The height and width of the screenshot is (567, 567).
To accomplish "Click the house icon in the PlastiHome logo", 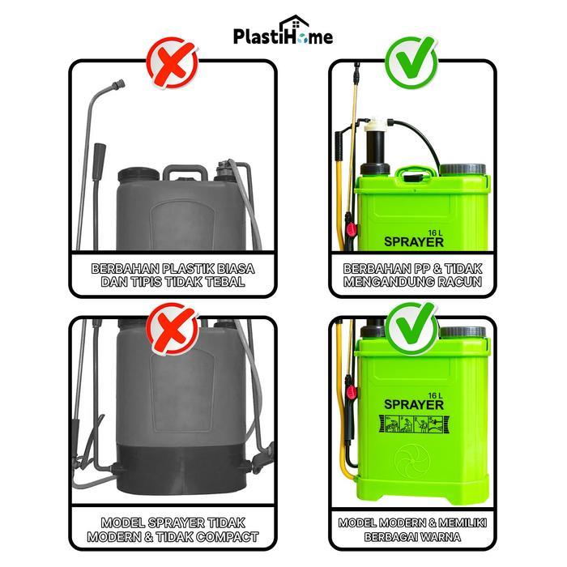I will click(290, 28).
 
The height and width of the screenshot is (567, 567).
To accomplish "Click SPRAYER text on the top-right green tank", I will click(412, 241).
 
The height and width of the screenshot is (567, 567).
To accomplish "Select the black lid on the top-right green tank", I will click(463, 170).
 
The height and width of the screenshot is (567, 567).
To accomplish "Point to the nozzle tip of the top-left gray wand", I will click(121, 83).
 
